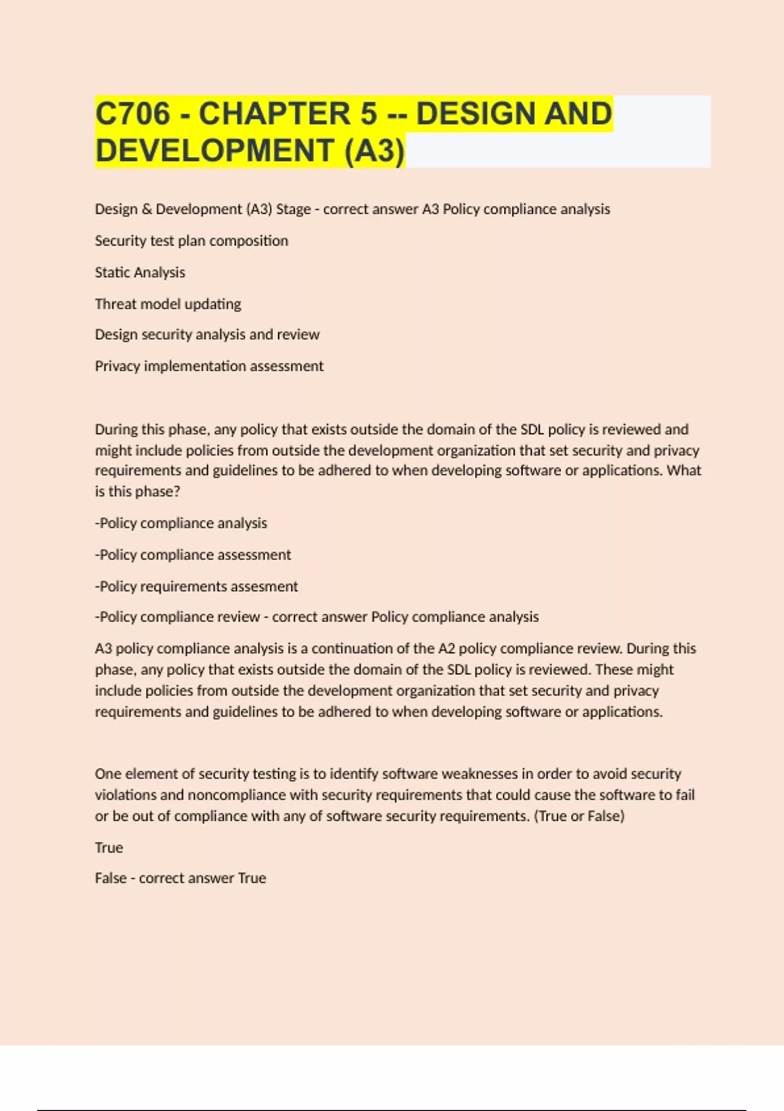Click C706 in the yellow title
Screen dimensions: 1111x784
(x=133, y=114)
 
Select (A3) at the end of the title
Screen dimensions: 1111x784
(x=374, y=150)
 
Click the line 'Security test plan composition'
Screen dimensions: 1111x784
(x=191, y=240)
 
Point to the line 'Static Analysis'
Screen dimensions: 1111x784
(x=140, y=272)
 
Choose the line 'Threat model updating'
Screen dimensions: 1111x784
(x=168, y=304)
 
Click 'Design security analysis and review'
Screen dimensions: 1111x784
(x=207, y=335)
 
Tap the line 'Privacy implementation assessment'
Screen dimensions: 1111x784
(x=209, y=366)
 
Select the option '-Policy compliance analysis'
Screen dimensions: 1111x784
(x=181, y=523)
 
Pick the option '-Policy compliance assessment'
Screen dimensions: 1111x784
(x=193, y=555)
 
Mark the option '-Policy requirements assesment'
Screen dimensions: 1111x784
(x=196, y=586)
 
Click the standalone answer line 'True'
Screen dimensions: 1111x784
(x=108, y=848)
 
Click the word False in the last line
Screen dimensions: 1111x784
(x=110, y=878)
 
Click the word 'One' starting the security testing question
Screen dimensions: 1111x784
(x=108, y=774)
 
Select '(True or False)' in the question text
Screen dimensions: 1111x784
(x=580, y=816)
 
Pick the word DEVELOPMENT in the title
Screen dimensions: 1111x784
(x=215, y=150)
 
